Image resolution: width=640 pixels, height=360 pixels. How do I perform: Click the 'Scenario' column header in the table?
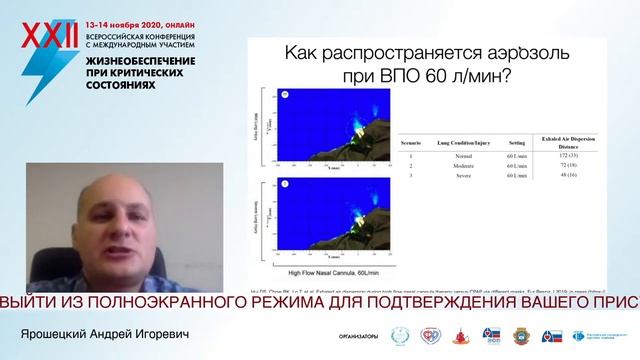tap(409, 143)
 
